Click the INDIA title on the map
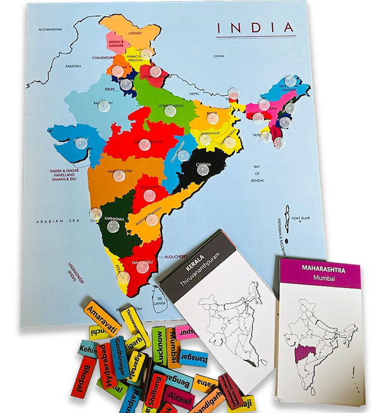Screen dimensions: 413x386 pyautogui.click(x=255, y=28)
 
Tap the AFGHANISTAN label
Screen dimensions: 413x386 pyautogui.click(x=53, y=29)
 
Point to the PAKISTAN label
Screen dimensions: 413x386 pyautogui.click(x=73, y=66)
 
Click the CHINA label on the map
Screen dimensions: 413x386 pyautogui.click(x=219, y=56)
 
